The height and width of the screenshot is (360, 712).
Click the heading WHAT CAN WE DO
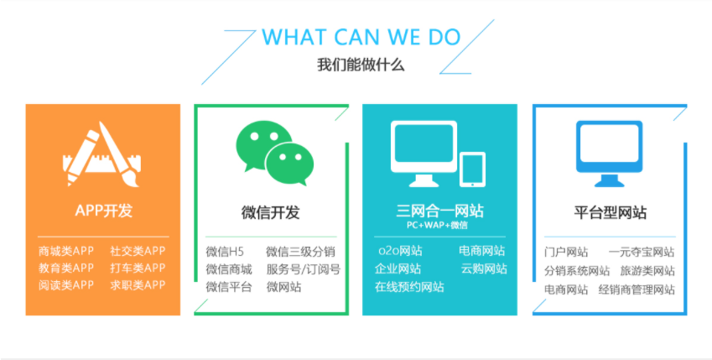point(361,37)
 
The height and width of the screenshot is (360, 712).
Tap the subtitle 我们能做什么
point(361,65)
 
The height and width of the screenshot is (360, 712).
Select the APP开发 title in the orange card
point(103,211)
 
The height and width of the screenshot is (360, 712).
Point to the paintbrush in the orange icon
point(120,154)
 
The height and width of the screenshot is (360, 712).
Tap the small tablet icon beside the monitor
point(472,170)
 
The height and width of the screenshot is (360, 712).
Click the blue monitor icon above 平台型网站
point(610,154)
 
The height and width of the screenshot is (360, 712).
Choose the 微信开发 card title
point(271,212)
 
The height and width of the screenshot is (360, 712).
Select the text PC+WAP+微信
point(437,225)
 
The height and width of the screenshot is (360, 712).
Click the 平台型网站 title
point(610,212)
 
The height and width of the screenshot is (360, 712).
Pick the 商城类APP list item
point(66,251)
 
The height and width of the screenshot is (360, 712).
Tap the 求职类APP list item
point(138,285)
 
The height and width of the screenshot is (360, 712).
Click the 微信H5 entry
point(225,252)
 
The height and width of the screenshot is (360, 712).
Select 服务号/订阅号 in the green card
point(304,269)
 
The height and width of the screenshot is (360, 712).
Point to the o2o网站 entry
point(400,250)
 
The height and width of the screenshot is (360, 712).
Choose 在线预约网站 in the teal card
point(409,287)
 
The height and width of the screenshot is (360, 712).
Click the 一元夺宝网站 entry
point(642,253)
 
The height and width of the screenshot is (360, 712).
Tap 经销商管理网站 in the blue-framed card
point(637,290)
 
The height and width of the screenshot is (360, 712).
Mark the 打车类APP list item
point(138,269)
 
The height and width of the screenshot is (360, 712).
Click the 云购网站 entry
point(484,269)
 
